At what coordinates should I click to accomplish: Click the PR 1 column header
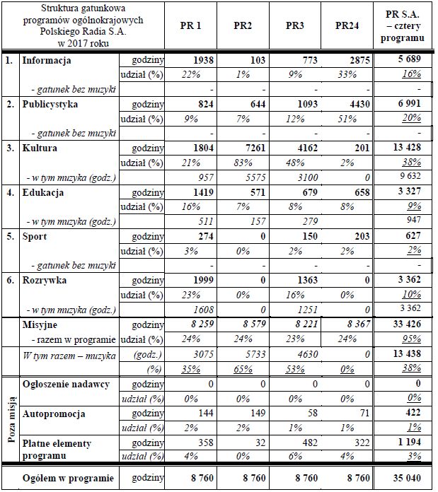point(190,26)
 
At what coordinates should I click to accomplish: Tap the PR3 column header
point(295,26)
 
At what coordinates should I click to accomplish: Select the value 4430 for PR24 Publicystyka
point(359,105)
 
